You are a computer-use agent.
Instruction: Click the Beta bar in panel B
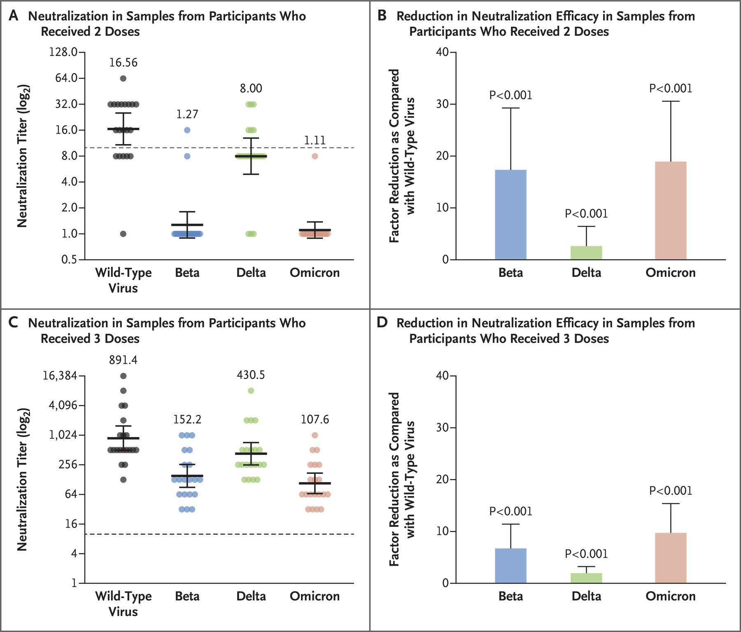point(510,215)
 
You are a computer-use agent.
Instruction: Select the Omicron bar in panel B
point(671,211)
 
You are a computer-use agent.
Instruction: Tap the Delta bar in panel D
point(586,578)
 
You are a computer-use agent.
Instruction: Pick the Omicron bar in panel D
point(671,558)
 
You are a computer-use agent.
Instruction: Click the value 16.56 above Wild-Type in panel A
point(123,63)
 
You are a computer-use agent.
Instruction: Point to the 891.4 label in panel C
point(123,360)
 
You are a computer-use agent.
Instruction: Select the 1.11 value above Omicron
point(315,140)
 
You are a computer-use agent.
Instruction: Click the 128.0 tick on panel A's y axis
point(63,52)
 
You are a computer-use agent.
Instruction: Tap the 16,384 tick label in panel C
point(60,375)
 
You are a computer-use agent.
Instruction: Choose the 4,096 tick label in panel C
point(63,405)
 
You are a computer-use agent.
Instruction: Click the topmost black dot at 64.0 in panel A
point(123,78)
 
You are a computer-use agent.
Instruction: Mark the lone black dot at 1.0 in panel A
point(123,234)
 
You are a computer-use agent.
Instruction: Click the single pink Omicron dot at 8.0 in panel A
point(315,156)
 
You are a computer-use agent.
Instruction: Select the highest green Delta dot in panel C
point(251,391)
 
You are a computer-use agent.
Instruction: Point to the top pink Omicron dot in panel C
point(315,435)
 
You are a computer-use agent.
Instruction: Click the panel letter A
point(13,16)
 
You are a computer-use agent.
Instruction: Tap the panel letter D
point(382,323)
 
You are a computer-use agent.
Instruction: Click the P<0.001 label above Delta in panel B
point(586,213)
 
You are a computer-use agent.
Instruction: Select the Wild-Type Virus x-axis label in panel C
point(123,604)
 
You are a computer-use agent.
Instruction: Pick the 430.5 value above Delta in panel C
point(251,375)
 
